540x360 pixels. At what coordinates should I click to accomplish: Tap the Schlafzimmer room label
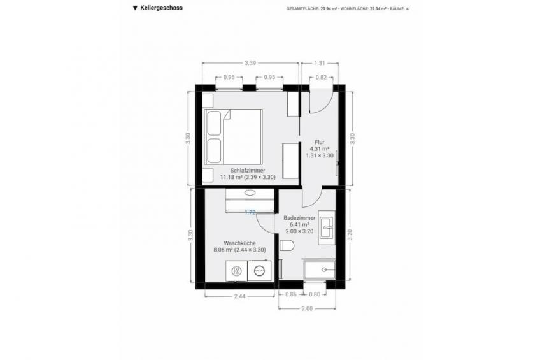point(247,170)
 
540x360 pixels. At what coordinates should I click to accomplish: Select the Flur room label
point(320,143)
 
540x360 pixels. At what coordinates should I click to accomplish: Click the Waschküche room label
point(237,243)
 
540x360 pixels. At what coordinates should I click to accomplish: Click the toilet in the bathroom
point(288,245)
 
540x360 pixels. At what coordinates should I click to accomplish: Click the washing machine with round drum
point(259,271)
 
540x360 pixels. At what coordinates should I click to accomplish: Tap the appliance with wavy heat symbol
point(237,271)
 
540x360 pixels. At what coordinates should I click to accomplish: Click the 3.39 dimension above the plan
point(250,63)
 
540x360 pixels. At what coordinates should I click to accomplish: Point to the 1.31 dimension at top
point(320,63)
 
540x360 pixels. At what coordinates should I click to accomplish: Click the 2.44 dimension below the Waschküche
point(239,296)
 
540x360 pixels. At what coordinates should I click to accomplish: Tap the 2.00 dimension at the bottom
point(306,308)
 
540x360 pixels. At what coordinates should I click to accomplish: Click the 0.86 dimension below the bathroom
point(291,294)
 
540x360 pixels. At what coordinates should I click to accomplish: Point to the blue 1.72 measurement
point(250,213)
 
